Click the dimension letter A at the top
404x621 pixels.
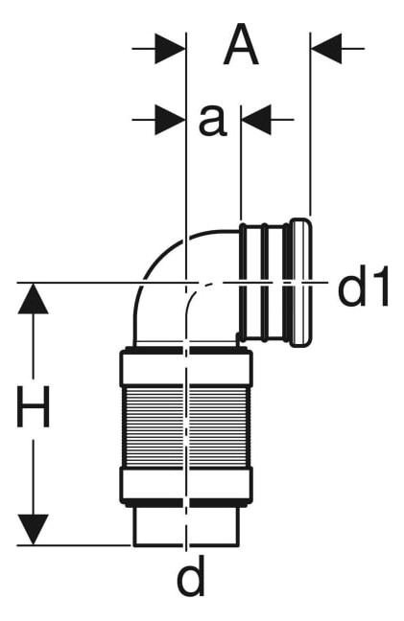(241, 44)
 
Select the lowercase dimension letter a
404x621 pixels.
(213, 121)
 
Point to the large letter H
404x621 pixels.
(34, 406)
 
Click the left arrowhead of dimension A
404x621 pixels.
(170, 49)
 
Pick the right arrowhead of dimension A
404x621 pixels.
(326, 49)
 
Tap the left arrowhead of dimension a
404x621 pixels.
(170, 119)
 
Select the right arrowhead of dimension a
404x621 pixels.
(256, 119)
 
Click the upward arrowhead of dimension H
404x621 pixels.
(33, 298)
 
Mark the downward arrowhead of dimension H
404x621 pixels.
(33, 530)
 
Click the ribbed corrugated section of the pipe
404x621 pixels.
(186, 426)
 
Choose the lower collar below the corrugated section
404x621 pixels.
(186, 486)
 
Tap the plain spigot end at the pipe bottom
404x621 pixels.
(186, 526)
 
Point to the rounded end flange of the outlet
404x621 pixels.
(301, 283)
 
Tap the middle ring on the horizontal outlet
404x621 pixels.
(264, 283)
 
